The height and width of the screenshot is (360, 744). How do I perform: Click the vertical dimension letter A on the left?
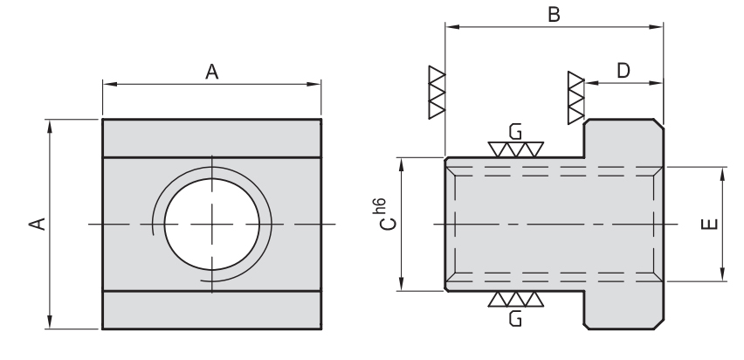point(36,225)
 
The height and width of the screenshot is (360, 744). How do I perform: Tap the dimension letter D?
point(623,71)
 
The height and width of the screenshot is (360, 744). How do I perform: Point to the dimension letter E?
point(709,225)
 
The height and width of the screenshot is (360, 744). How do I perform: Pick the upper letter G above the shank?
point(515,132)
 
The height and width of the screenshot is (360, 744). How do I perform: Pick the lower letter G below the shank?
point(515,319)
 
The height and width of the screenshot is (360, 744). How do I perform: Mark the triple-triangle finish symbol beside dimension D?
point(575,96)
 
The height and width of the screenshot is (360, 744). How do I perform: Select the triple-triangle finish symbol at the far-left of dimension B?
point(436,91)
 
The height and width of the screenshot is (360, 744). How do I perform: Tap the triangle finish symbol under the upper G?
point(515,149)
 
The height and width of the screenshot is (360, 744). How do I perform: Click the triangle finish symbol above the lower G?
point(515,300)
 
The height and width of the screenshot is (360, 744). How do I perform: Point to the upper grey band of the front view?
point(211,137)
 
